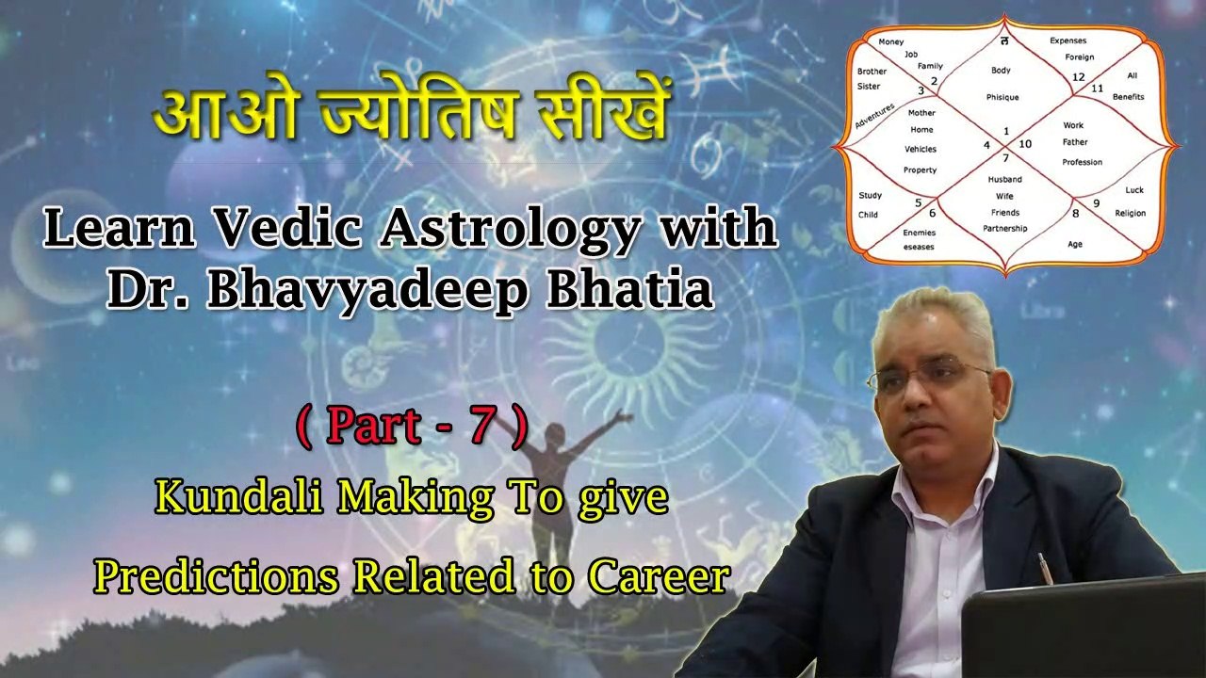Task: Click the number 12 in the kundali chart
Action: click(1079, 76)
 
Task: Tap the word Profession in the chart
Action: click(1082, 162)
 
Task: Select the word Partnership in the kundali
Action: click(1004, 228)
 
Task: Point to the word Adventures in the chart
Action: click(874, 117)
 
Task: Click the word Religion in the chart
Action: click(1131, 213)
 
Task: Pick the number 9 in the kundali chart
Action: click(1096, 202)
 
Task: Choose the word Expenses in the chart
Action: click(1067, 40)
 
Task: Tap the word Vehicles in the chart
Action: click(921, 149)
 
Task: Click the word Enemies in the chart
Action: click(919, 232)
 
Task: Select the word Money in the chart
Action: click(890, 42)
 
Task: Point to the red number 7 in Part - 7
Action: click(481, 428)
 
